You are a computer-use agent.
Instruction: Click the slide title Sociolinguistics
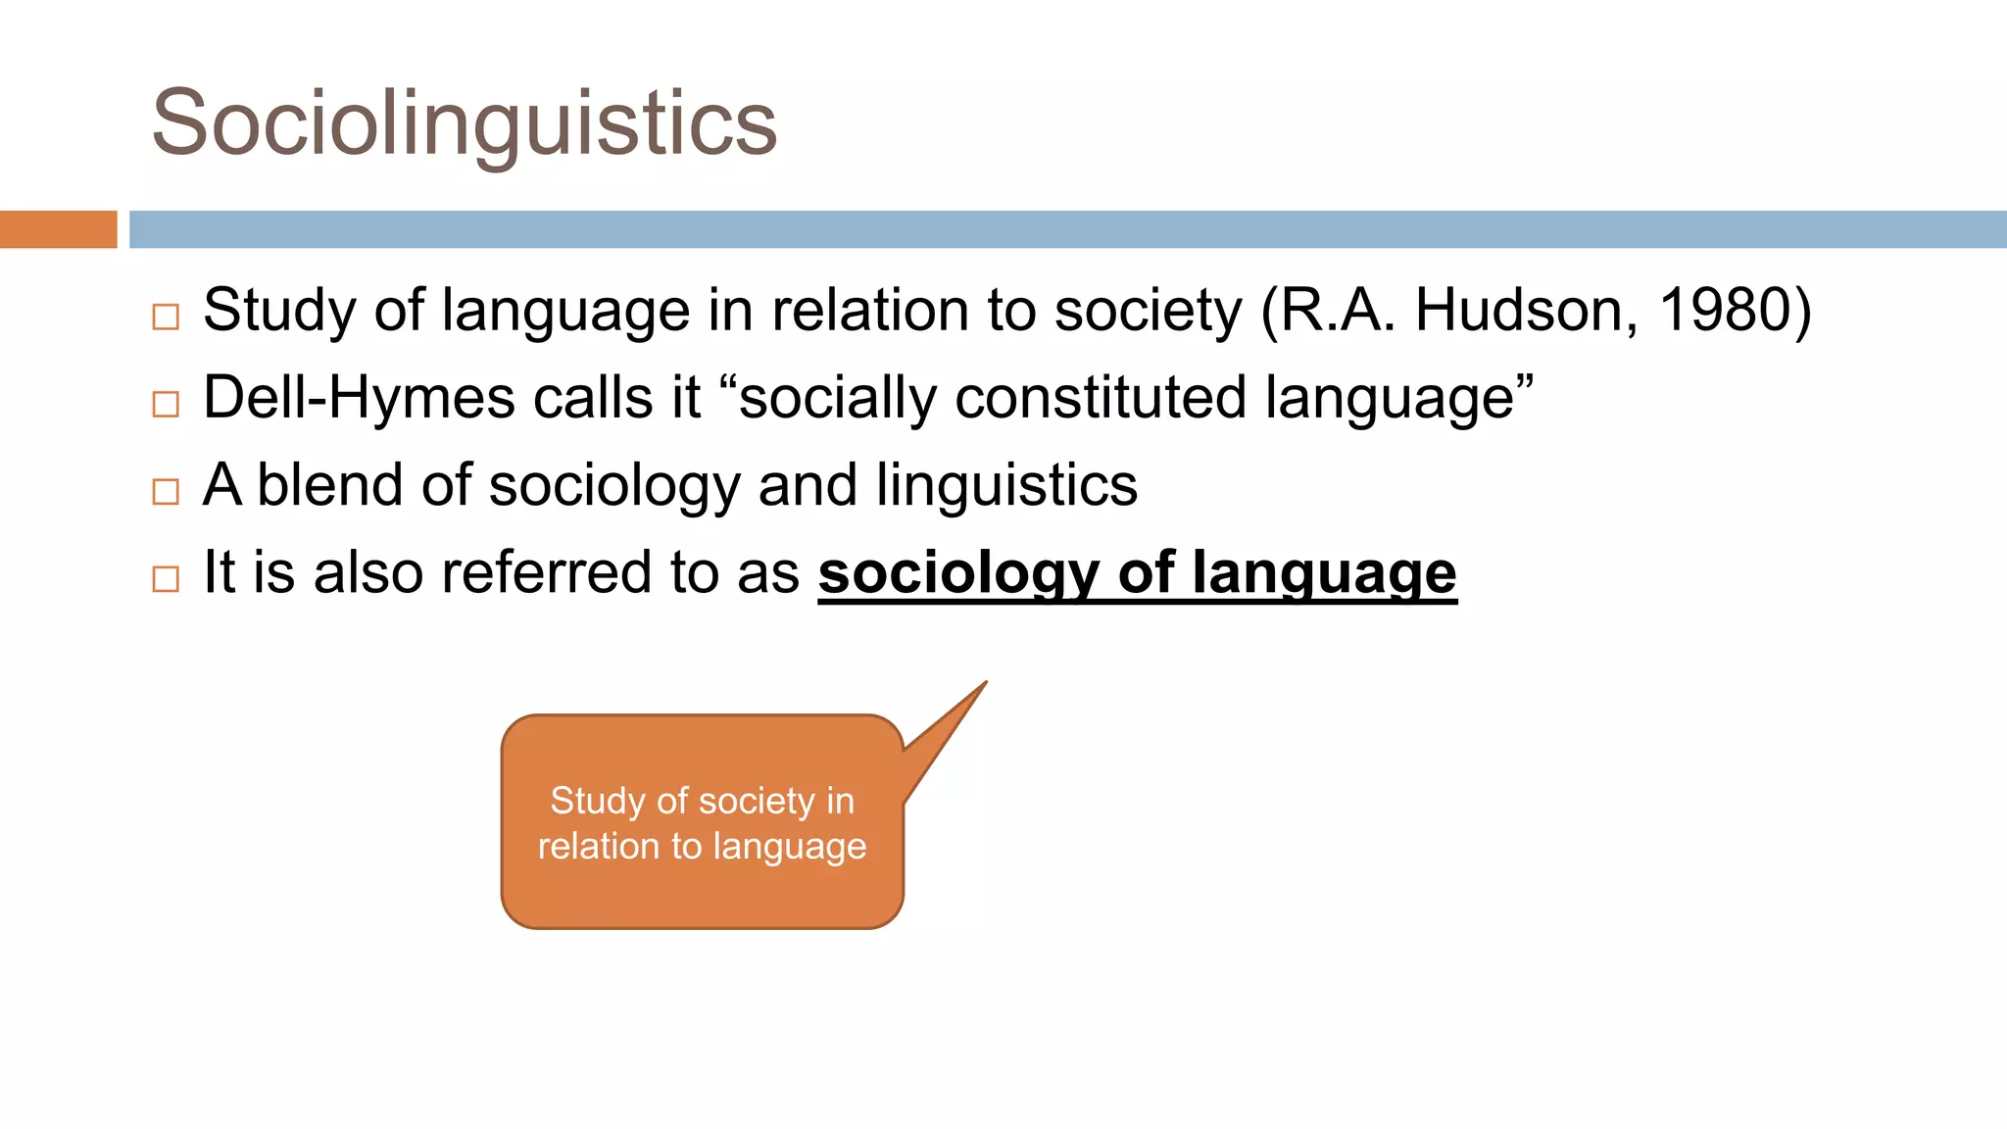[x=465, y=123]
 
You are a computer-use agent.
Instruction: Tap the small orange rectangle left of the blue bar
[x=58, y=229]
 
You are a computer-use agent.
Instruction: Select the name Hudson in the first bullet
[x=1526, y=311]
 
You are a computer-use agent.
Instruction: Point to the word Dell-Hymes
[x=359, y=398]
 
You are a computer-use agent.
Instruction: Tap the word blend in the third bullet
[x=329, y=485]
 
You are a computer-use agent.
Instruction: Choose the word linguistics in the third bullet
[x=1006, y=485]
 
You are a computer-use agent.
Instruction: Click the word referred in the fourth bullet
[x=547, y=572]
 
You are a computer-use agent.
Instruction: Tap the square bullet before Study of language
[x=166, y=317]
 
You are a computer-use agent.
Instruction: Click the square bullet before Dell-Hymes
[x=166, y=404]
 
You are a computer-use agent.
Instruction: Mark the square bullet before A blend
[x=166, y=491]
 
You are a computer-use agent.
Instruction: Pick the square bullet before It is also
[x=166, y=578]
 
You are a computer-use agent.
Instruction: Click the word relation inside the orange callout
[x=599, y=847]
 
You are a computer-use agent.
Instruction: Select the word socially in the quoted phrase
[x=837, y=398]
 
